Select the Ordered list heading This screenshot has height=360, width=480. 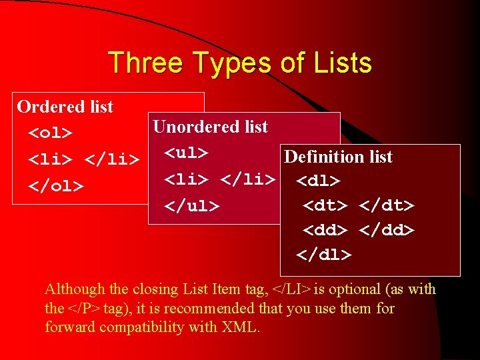click(x=65, y=107)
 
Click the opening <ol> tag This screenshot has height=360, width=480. click(x=50, y=133)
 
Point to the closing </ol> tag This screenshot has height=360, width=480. click(x=55, y=185)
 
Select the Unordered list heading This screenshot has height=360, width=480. click(x=210, y=127)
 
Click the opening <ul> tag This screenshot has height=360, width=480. click(x=187, y=153)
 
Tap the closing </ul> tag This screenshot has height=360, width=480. click(x=192, y=205)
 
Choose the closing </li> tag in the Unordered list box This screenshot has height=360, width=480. click(x=247, y=179)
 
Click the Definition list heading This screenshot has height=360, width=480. click(x=338, y=157)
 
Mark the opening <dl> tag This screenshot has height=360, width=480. click(x=318, y=181)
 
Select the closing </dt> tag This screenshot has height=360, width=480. click(x=387, y=205)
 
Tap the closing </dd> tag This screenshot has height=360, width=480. click(x=387, y=230)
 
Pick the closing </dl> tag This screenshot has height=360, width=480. click(x=324, y=255)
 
